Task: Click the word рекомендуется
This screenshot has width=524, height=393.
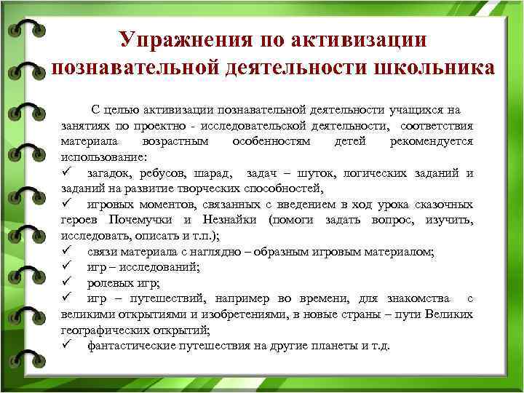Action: (431, 141)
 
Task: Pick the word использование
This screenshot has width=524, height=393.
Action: (103, 156)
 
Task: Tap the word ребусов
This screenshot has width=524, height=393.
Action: (165, 172)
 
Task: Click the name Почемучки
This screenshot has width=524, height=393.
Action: (141, 220)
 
